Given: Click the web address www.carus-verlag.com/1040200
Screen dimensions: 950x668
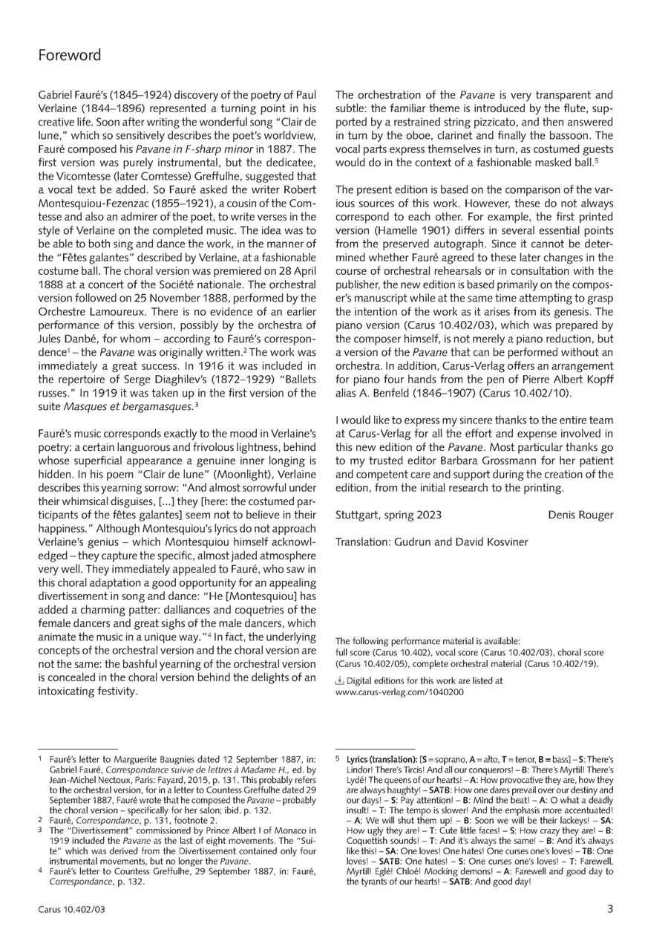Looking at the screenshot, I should pos(399,692).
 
